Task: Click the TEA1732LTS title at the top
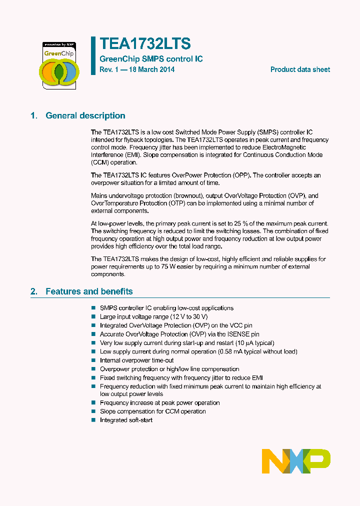pos(145,44)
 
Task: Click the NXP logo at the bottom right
pos(296,461)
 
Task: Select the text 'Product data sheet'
pos(300,69)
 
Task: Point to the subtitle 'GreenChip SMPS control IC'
pos(151,59)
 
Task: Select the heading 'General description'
pos(85,115)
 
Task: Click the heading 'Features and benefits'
pos(89,291)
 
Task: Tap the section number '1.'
pos(34,115)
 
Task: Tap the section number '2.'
pos(34,291)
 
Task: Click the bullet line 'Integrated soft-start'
pos(126,420)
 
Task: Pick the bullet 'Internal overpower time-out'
pos(136,360)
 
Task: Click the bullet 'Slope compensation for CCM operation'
pos(152,411)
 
